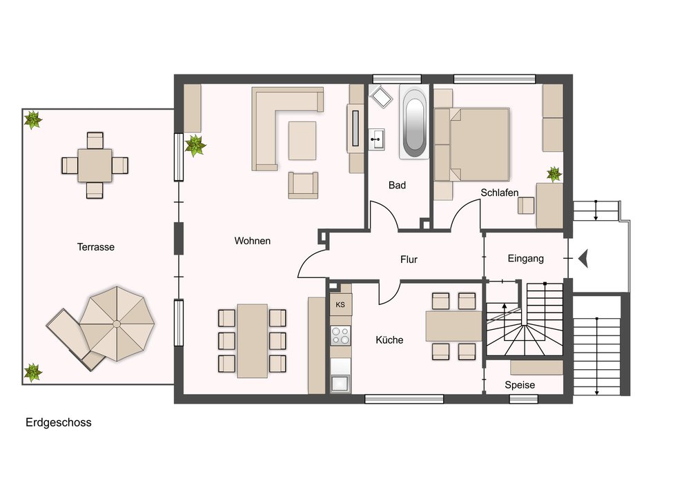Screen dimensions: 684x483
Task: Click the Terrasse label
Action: (95, 247)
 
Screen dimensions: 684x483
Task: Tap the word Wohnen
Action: (252, 241)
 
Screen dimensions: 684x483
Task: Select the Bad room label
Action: (397, 186)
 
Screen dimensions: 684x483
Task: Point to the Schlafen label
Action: (500, 193)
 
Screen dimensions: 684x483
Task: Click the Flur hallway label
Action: (409, 259)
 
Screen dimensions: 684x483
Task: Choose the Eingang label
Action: (526, 259)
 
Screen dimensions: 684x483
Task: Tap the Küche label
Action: (389, 339)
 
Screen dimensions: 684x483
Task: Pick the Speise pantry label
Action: (520, 385)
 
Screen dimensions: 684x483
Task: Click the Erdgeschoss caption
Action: (59, 422)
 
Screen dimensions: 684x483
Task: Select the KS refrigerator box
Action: (340, 304)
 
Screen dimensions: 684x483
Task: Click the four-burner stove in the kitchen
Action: (340, 335)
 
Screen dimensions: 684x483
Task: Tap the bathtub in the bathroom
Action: (414, 123)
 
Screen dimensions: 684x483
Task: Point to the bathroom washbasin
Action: (376, 139)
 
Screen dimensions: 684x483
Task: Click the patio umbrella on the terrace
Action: (117, 324)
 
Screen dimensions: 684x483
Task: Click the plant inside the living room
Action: (195, 145)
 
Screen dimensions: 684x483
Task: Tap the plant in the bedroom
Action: (554, 174)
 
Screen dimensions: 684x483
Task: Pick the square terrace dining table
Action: (95, 166)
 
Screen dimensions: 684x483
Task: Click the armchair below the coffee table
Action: (303, 186)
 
